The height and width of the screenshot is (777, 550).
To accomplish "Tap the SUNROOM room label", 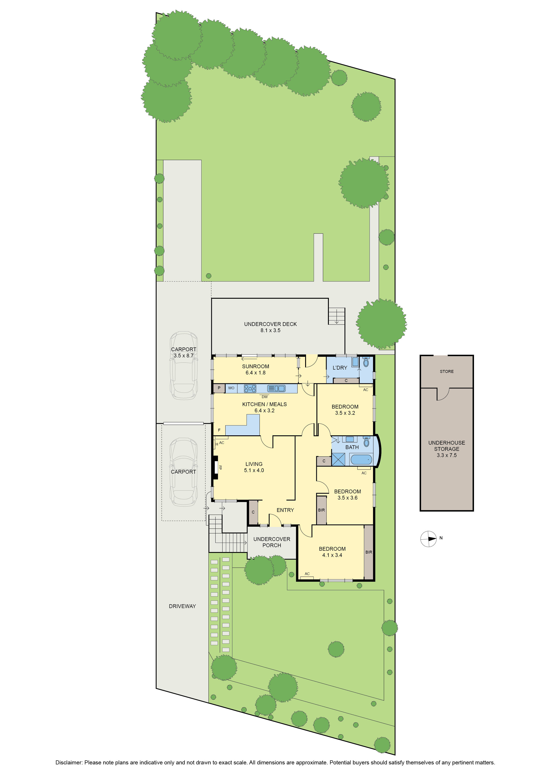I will (255, 366).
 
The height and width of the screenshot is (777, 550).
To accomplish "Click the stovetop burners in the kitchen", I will (250, 388).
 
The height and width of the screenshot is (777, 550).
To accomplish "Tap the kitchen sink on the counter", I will (276, 388).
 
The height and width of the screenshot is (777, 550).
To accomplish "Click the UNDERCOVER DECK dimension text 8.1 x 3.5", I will (270, 330).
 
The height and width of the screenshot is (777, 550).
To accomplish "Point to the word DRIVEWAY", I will (182, 606).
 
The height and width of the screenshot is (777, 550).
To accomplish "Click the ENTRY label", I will (285, 510).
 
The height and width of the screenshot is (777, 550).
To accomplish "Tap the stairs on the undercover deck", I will (336, 316).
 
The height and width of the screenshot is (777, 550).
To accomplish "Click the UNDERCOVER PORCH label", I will (272, 542).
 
